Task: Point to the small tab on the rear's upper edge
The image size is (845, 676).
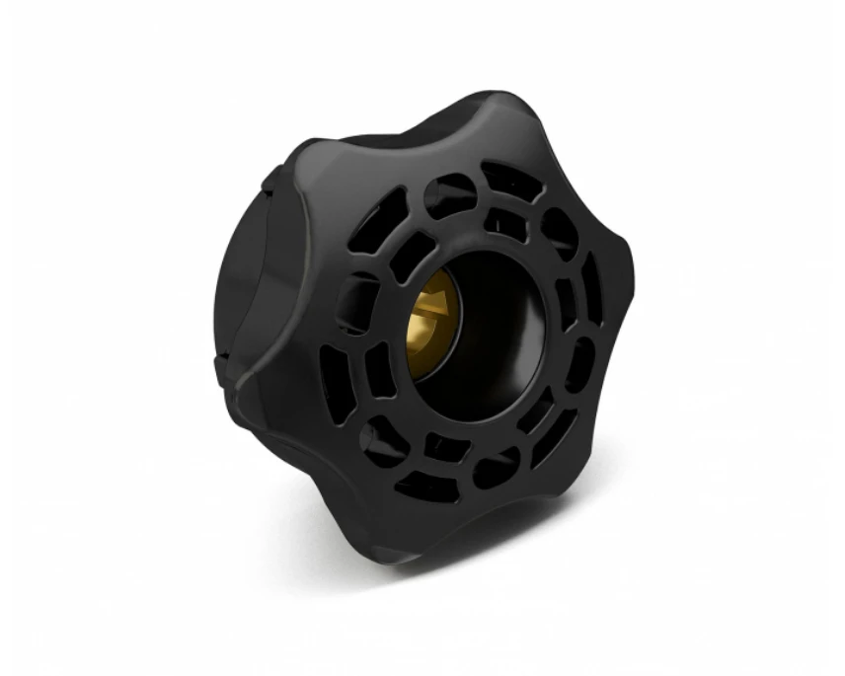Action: click(x=269, y=178)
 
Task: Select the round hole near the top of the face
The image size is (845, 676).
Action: click(x=449, y=192)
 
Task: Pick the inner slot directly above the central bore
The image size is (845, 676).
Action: click(x=503, y=223)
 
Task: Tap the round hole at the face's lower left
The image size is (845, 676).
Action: click(x=380, y=440)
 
